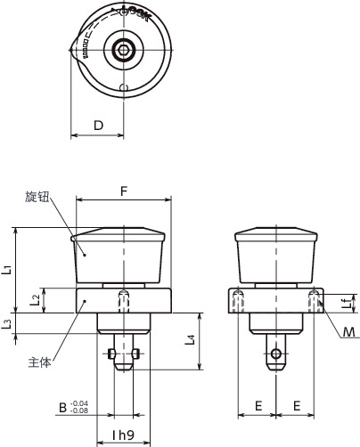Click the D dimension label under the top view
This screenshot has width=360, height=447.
pos(97,126)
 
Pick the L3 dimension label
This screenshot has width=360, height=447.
pos(8,323)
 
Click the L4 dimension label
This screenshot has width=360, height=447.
pos(191,339)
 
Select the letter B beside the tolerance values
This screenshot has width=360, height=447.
pos(62,408)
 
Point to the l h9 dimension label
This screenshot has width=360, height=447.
pos(123,434)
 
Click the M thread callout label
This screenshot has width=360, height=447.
pos(349,332)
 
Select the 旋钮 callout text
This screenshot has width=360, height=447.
pos(37,196)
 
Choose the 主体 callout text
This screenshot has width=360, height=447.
pos(39,362)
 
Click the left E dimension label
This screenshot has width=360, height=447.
pos(258,405)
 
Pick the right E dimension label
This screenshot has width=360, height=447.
pos(296,405)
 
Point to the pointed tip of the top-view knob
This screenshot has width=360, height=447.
pos(70,51)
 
